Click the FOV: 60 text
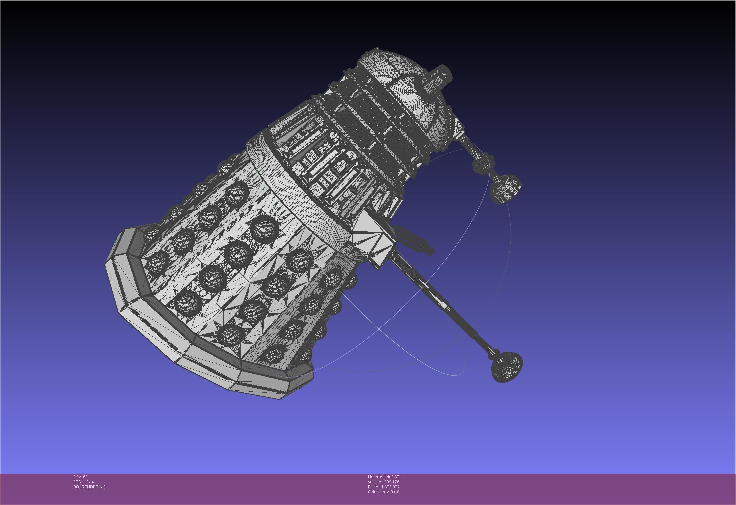[x=80, y=477]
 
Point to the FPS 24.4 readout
[x=83, y=482]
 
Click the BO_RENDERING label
[x=89, y=487]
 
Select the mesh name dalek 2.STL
[x=385, y=477]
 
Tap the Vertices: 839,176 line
[x=383, y=482]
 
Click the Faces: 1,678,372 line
[x=384, y=487]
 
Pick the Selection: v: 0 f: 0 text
[x=383, y=492]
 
